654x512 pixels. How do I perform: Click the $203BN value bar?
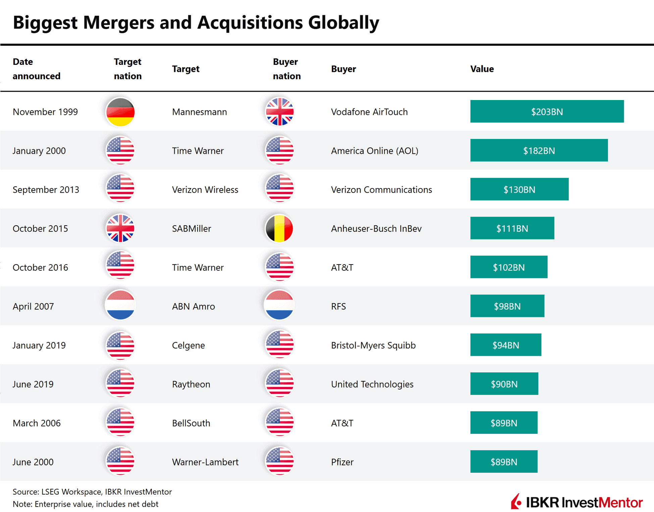pos(547,111)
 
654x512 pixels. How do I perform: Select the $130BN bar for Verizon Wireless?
pos(519,189)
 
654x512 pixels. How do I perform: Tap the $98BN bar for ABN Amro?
pos(507,306)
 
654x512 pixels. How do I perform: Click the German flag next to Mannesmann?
pos(120,112)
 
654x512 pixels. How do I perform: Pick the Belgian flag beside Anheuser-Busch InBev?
pos(279,228)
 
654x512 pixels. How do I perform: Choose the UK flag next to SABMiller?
pos(120,228)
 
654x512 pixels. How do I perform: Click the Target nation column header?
pos(128,69)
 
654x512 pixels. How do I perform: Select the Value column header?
pos(482,69)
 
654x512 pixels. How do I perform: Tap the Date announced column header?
pos(36,69)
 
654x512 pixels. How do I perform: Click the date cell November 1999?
pos(45,112)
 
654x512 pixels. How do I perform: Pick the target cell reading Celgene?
pos(188,345)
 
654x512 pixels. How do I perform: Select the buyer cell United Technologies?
pos(372,384)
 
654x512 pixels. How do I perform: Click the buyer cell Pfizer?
pos(342,462)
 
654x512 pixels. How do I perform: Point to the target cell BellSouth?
pos(191,423)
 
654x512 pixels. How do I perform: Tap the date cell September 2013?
pos(46,190)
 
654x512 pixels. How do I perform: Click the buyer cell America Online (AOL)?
pos(374,151)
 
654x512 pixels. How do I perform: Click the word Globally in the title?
pos(344,22)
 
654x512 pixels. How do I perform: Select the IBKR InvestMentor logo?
pos(576,502)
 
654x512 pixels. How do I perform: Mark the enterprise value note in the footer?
pos(86,504)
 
